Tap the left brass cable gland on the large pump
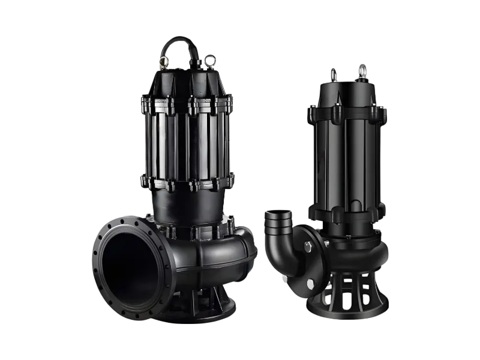[163, 62]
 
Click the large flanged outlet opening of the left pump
[129, 264]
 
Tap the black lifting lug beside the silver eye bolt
[334, 75]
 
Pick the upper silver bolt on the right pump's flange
[308, 245]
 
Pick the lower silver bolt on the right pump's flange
[310, 283]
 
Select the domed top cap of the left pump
[186, 78]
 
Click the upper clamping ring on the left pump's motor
[187, 106]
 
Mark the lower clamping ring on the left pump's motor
[187, 181]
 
